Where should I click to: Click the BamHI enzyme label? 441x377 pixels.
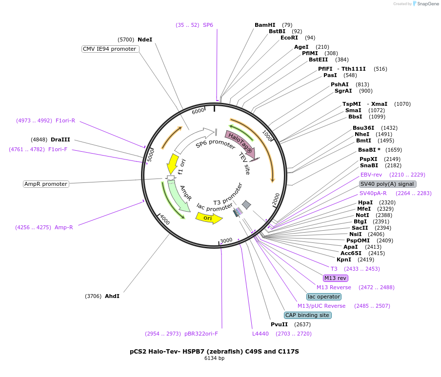(265, 25)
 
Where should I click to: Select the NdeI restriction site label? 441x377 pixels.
(145, 40)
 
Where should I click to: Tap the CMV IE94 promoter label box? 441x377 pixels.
(110, 49)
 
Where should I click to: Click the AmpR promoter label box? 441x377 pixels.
(46, 184)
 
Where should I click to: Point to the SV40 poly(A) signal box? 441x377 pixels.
(387, 184)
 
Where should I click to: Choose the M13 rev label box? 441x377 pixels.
(335, 278)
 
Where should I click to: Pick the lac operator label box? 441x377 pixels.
(324, 297)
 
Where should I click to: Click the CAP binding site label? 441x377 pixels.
(307, 315)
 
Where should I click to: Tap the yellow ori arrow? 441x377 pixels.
(208, 218)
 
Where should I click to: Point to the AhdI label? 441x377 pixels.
(112, 296)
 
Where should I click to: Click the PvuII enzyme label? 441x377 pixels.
(280, 324)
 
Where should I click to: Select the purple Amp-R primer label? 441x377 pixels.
(64, 227)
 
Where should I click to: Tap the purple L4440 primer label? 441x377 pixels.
(261, 334)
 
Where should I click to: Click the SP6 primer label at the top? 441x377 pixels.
(208, 25)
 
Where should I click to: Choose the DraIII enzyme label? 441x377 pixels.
(60, 139)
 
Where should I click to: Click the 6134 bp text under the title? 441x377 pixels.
(214, 358)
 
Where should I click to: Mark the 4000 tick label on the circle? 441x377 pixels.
(164, 220)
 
